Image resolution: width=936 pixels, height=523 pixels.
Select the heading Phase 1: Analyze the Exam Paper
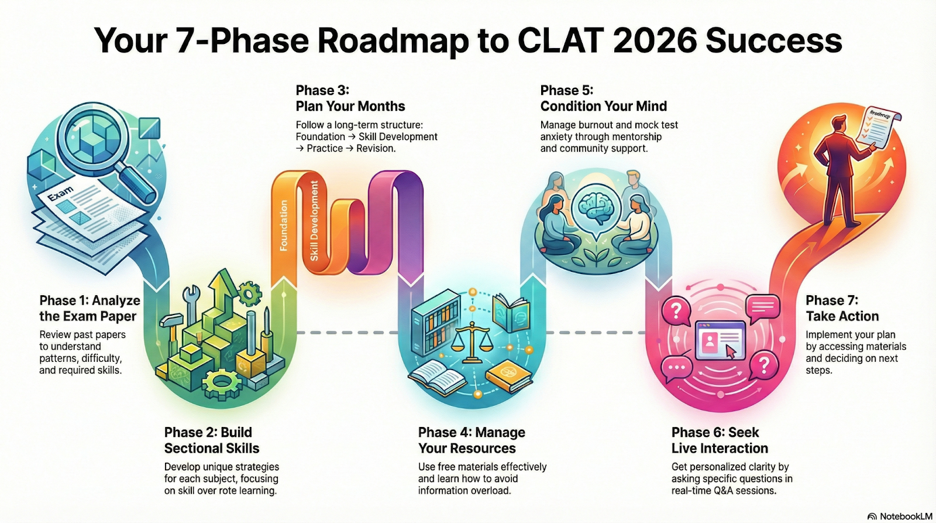(x=90, y=308)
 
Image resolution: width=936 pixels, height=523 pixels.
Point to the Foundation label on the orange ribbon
(x=284, y=225)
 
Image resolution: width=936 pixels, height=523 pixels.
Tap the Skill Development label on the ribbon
(x=314, y=221)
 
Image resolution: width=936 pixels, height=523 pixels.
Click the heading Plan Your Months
(x=350, y=106)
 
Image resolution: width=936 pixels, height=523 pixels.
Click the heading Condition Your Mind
(x=603, y=106)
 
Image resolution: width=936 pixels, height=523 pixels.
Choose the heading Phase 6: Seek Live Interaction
(x=719, y=440)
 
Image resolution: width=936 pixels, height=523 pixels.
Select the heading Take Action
(x=842, y=316)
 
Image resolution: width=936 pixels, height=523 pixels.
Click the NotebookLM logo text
(x=906, y=516)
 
